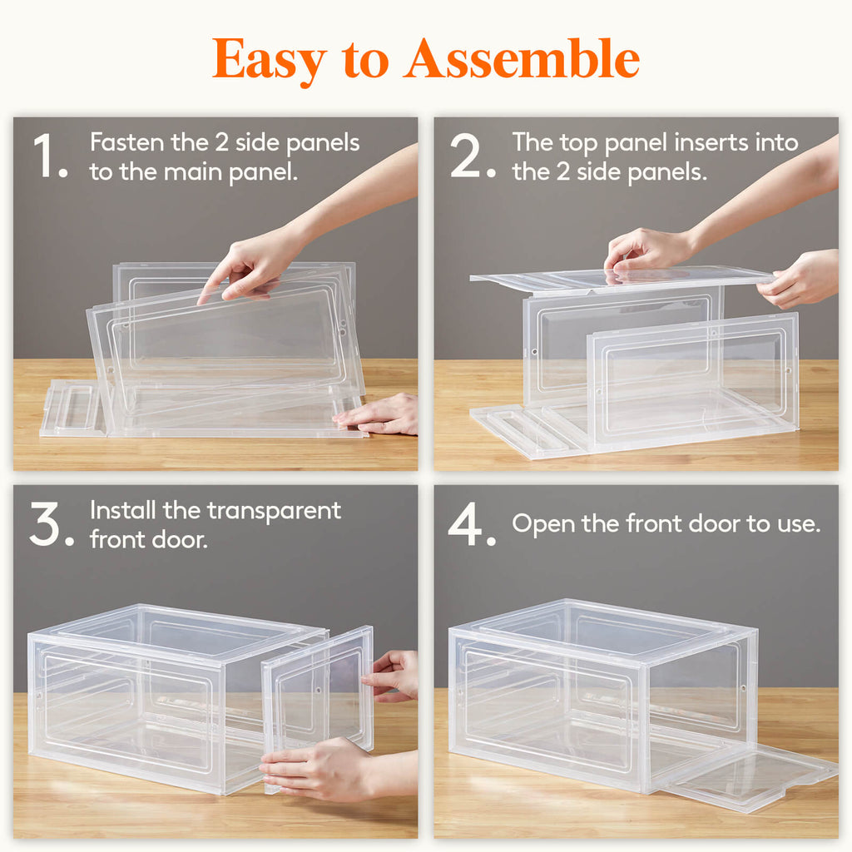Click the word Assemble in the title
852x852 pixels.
coord(522,60)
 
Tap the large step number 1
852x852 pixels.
coord(47,156)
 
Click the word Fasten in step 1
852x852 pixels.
coord(127,142)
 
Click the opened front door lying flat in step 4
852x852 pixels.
coord(749,778)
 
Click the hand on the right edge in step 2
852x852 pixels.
coord(799,281)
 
